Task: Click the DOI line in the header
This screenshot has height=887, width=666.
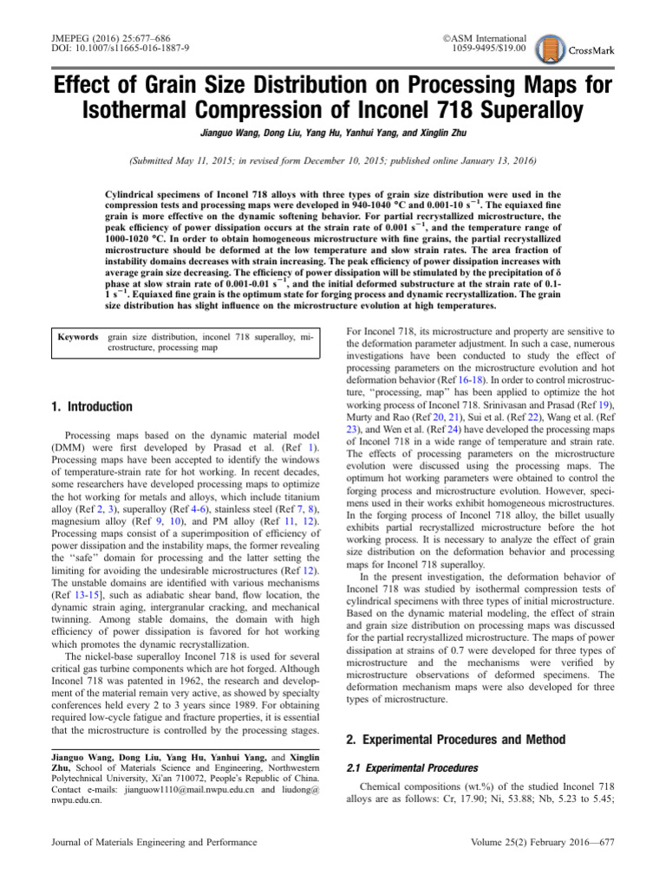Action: point(105,48)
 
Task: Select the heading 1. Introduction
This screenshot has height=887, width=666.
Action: point(88,406)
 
